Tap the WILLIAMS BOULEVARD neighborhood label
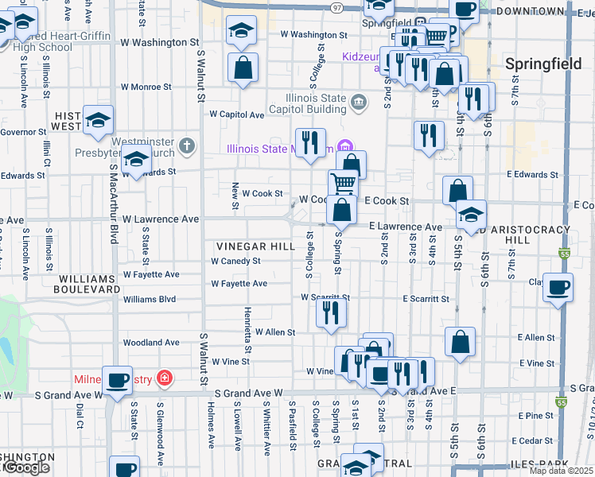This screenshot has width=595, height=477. pyautogui.click(x=87, y=285)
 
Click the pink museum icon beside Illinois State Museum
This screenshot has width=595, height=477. pyautogui.click(x=344, y=147)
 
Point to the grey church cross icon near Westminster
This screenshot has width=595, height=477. pyautogui.click(x=186, y=145)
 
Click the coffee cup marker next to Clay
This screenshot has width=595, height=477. pyautogui.click(x=558, y=287)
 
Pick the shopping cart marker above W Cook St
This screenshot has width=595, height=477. pyautogui.click(x=343, y=182)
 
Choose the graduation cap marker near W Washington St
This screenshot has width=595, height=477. pyautogui.click(x=241, y=31)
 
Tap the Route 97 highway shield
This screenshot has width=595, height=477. pyautogui.click(x=337, y=6)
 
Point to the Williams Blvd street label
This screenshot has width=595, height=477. pyautogui.click(x=150, y=300)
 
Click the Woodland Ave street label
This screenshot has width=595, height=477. pyautogui.click(x=151, y=343)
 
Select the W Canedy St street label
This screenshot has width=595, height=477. pyautogui.click(x=235, y=261)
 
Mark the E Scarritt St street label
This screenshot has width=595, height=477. pyautogui.click(x=426, y=299)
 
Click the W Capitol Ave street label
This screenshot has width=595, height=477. pyautogui.click(x=237, y=114)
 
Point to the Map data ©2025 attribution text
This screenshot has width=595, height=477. pyautogui.click(x=561, y=471)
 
